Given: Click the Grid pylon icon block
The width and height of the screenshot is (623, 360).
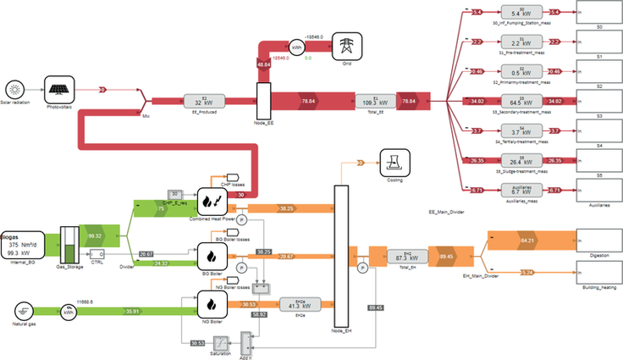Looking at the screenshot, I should tap(345, 46).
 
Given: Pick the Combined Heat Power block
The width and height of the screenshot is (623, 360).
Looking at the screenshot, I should tap(209, 202).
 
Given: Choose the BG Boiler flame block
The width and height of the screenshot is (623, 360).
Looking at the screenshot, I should tap(209, 253).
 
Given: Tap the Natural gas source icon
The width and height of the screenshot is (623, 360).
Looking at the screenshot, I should tap(25, 311).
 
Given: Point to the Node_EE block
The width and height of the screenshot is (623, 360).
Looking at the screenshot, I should tap(262, 102).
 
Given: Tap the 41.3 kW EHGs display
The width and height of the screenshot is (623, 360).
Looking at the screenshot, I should tap(290, 304).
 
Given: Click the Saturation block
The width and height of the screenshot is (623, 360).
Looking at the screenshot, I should tap(219, 342).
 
